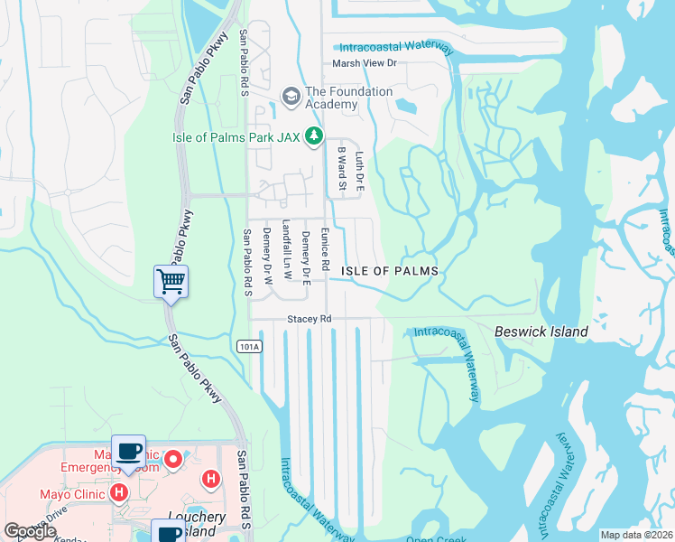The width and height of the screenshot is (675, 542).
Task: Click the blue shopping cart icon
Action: [171, 282]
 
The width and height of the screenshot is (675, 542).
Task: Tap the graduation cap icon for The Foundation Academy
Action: [291, 95]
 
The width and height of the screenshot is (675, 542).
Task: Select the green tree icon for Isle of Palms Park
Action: [313, 137]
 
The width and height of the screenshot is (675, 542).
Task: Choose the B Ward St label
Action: [341, 169]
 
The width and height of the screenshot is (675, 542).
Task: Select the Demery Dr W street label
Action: [267, 256]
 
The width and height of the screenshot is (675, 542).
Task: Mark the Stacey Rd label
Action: [310, 319]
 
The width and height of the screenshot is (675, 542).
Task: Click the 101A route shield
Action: [250, 346]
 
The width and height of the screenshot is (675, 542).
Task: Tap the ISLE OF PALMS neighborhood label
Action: [390, 271]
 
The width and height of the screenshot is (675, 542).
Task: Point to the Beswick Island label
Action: [541, 332]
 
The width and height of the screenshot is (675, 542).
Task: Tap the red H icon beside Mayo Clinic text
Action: [118, 493]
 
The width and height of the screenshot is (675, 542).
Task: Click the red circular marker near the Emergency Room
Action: [171, 460]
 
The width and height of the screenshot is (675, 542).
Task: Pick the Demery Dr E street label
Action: [306, 255]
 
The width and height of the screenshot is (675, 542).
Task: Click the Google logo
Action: [30, 531]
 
